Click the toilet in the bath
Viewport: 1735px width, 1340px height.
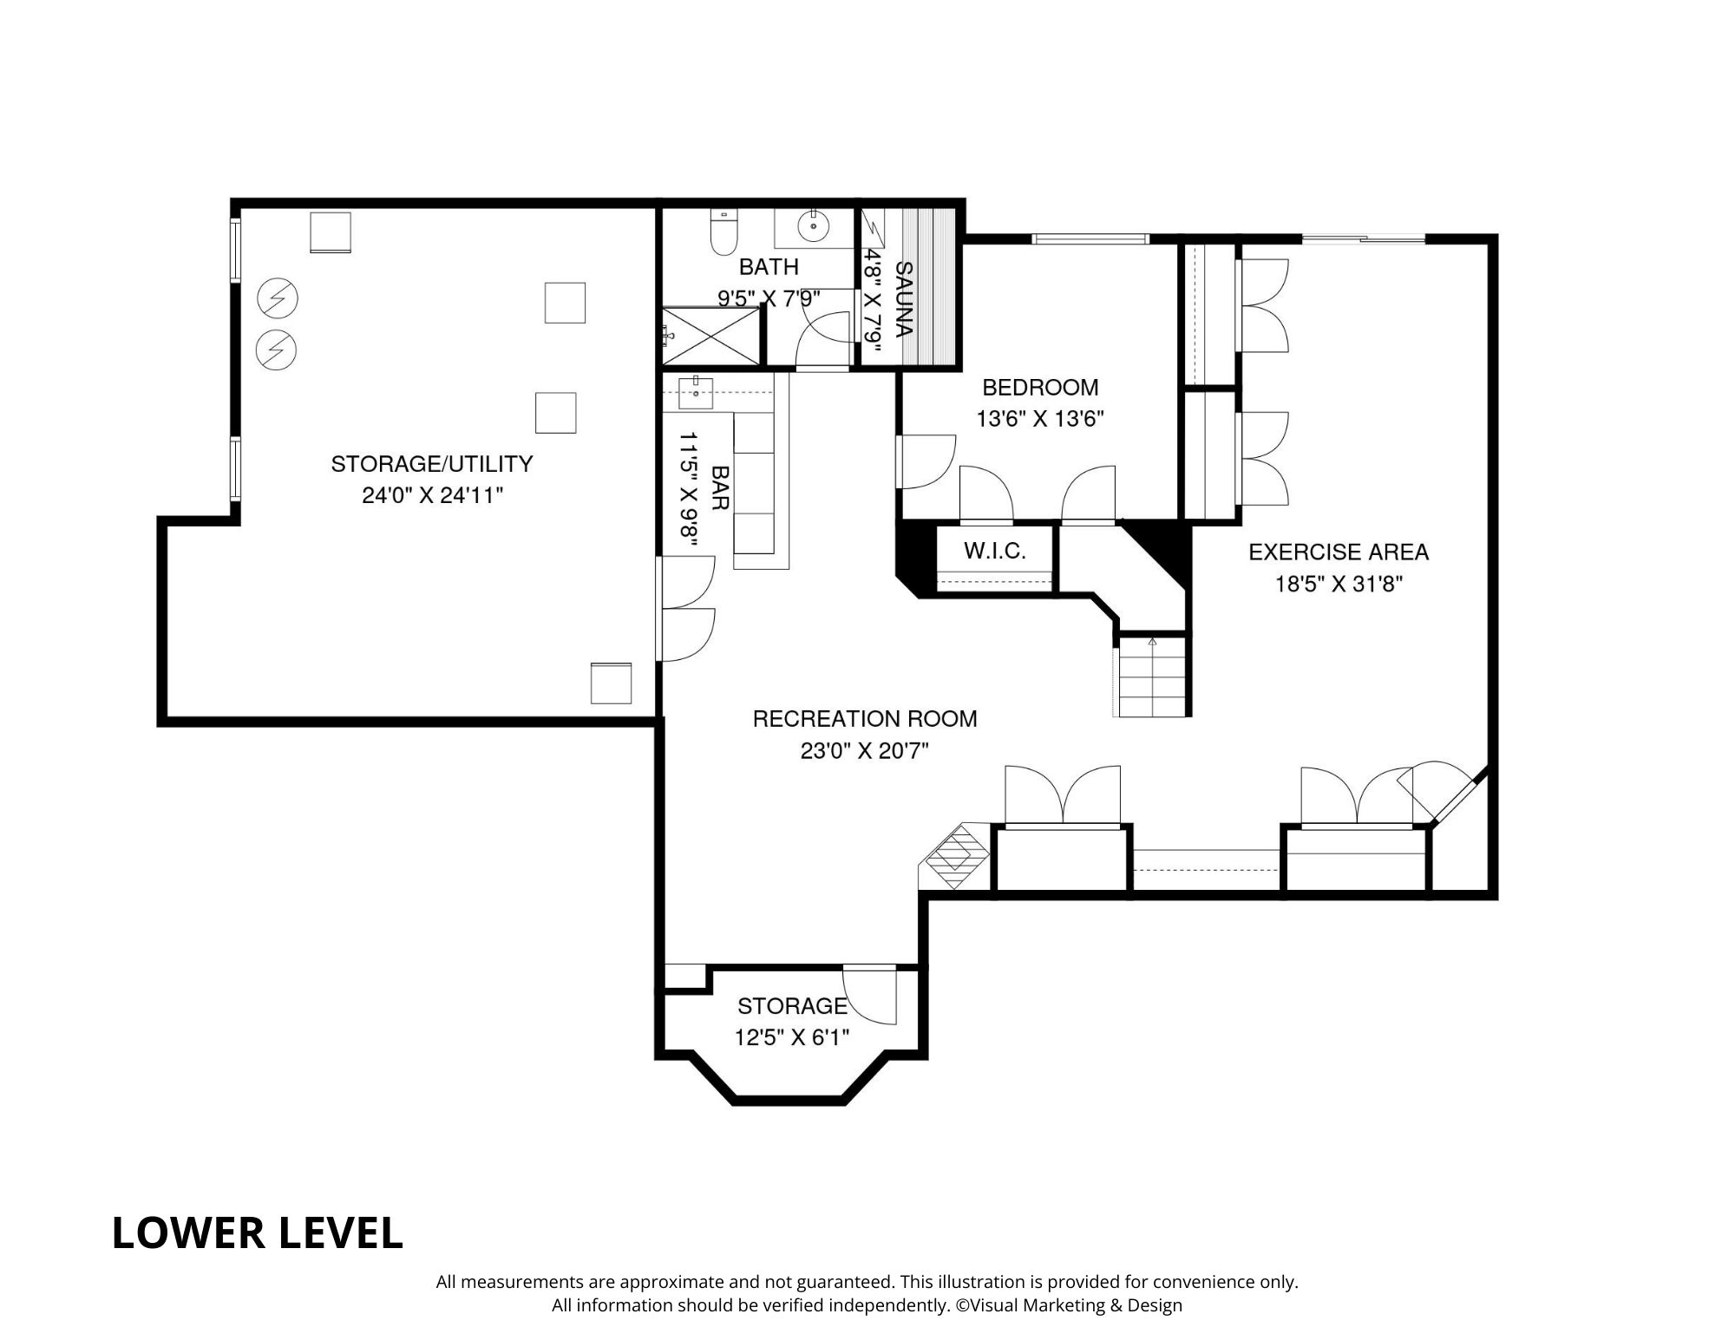[723, 232]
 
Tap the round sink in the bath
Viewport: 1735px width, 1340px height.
[814, 226]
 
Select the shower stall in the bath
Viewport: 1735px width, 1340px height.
[710, 336]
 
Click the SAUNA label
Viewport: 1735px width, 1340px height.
[903, 299]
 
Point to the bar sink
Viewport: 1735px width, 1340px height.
[696, 392]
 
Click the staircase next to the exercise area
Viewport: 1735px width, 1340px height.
[1152, 677]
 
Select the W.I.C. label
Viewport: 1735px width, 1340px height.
[994, 551]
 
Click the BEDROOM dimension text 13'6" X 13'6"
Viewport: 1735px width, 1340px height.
[1039, 420]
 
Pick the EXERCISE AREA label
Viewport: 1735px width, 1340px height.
[1338, 552]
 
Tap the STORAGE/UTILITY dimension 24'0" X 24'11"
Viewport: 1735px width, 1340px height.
[432, 495]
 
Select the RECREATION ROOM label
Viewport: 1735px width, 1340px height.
[864, 718]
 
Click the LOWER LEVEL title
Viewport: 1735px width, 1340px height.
[257, 1232]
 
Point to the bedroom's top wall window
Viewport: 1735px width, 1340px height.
[1090, 239]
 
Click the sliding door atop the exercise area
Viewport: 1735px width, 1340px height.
[1364, 239]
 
